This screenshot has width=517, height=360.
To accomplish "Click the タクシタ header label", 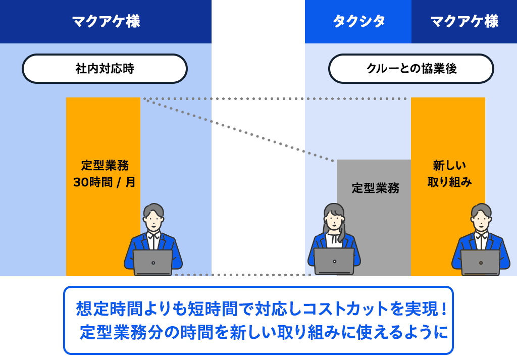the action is (x=359, y=21).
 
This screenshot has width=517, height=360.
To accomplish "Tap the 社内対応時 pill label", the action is (x=105, y=69).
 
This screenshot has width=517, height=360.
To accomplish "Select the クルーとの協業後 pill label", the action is (x=411, y=69).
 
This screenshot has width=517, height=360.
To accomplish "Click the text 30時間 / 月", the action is (x=104, y=182).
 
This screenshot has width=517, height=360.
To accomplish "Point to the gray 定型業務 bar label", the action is (x=376, y=188).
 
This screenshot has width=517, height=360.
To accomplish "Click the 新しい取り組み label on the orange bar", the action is (x=449, y=173).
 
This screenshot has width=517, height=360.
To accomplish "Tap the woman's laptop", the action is (x=334, y=262).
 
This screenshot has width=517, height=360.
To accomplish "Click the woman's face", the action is (x=334, y=219).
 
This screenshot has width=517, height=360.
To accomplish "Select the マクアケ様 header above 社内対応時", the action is (x=106, y=21).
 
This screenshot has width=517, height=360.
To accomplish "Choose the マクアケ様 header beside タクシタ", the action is (x=464, y=21).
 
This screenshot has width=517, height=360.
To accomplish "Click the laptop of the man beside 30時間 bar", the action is (x=153, y=263).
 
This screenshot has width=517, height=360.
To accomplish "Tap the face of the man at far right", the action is (x=481, y=221).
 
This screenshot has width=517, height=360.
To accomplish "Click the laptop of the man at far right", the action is (x=481, y=263).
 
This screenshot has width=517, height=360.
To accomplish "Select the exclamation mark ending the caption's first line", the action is (x=444, y=309).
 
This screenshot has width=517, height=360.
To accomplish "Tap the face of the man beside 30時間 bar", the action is (x=153, y=221).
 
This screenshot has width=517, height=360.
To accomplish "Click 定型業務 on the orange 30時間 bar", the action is (x=105, y=165).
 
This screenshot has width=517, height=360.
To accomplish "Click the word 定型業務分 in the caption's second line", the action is (x=122, y=332).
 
